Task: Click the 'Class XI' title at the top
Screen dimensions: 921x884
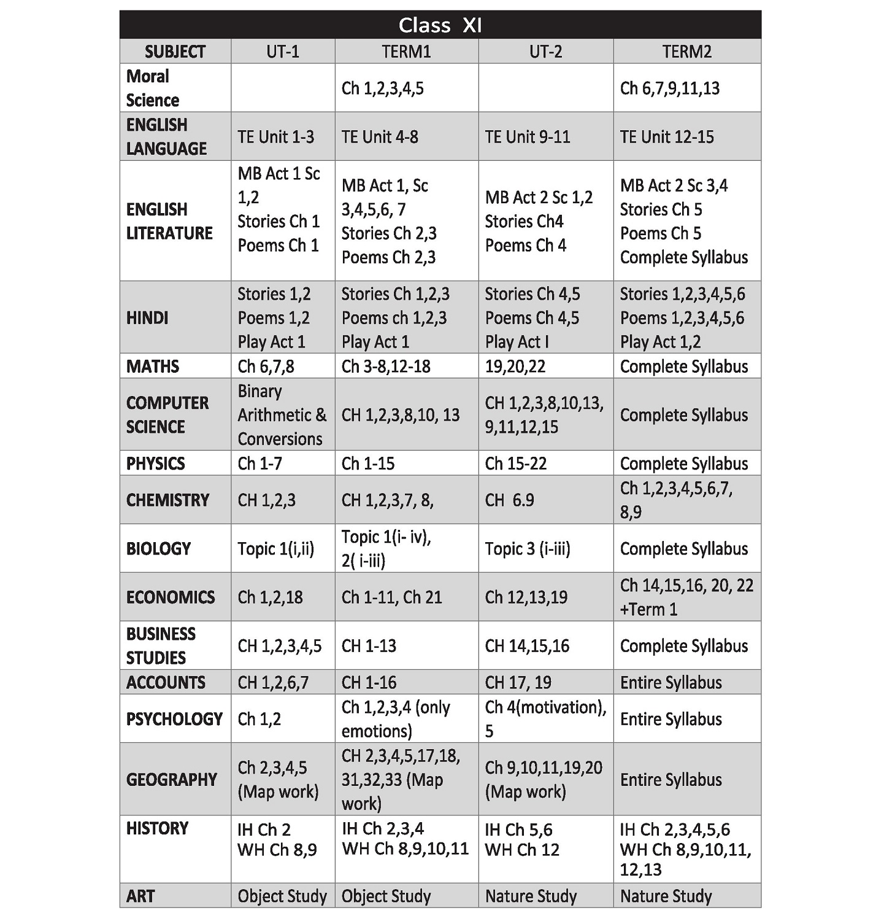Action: [x=440, y=25]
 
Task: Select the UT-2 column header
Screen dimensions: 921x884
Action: [x=545, y=52]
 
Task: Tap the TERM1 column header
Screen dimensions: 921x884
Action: [x=406, y=52]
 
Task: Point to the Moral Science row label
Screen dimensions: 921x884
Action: [x=153, y=88]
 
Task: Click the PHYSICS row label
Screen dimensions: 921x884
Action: [x=155, y=464]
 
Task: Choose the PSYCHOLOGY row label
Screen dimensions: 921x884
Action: [x=174, y=719]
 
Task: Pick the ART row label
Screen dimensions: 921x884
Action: [x=140, y=896]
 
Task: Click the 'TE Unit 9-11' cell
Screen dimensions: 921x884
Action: [x=528, y=137]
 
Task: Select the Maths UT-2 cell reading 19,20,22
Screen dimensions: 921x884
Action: [x=515, y=367]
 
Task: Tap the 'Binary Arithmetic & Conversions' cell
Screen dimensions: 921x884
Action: [x=282, y=415]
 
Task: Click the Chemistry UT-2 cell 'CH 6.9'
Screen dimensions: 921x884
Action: [x=509, y=500]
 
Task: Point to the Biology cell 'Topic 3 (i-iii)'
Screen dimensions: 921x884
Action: [x=528, y=549]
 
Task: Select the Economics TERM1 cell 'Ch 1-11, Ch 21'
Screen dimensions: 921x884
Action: [x=391, y=597]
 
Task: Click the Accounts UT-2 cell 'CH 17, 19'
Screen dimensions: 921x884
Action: [x=518, y=683]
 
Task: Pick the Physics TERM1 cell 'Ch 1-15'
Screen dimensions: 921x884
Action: [x=367, y=464]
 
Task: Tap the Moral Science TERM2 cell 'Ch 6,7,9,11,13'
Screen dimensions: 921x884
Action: [x=670, y=88]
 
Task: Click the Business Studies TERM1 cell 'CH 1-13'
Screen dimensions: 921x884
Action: [x=369, y=646]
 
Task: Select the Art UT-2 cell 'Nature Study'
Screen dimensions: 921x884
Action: [x=531, y=896]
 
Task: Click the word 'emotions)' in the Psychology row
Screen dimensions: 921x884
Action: [x=377, y=731]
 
